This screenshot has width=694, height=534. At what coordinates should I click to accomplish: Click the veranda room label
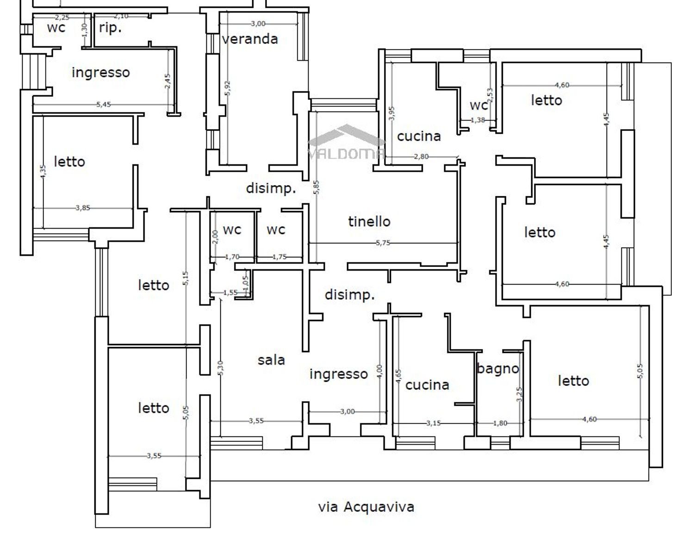point(250,39)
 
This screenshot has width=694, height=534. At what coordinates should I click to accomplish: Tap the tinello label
point(369,221)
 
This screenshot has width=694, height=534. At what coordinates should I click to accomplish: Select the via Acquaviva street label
point(366,507)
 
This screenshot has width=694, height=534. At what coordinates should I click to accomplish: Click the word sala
point(271,360)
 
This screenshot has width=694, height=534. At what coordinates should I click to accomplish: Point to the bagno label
point(498,369)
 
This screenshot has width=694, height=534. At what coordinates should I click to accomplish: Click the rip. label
point(110,28)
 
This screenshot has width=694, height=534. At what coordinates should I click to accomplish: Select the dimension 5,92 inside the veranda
point(227,88)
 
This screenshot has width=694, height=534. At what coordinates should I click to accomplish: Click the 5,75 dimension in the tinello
point(383,243)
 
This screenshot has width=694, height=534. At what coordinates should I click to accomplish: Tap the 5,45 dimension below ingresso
point(104,105)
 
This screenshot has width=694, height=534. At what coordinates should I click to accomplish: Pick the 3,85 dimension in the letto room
point(83,208)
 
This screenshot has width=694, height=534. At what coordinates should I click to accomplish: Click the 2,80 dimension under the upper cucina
point(421,156)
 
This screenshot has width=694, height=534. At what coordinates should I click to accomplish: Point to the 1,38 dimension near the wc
point(477,120)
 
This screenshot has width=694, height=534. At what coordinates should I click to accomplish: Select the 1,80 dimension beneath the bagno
point(500,423)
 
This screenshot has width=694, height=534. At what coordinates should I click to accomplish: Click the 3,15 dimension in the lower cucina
point(434,423)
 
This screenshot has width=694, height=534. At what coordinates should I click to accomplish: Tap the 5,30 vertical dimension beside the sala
point(221,368)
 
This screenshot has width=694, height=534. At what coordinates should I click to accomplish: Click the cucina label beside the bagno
point(427,385)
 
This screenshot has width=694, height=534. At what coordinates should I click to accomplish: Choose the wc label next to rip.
point(56,28)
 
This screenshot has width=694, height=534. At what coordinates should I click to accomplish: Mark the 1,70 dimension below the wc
point(232,257)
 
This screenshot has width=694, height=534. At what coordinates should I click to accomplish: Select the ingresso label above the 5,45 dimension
point(100,73)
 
